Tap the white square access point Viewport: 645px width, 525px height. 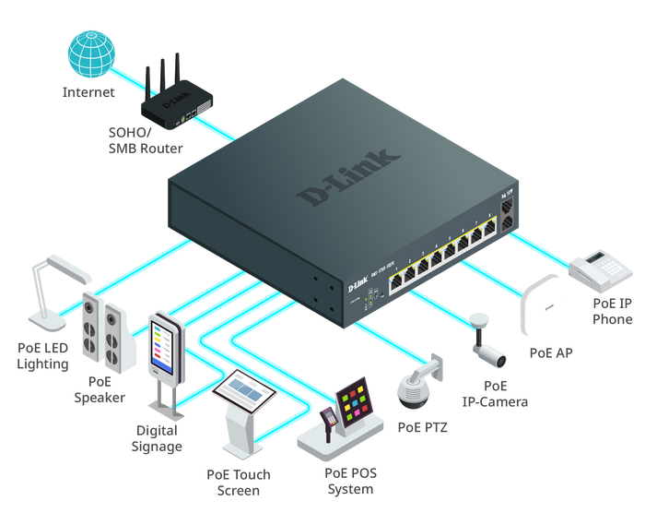click(x=542, y=304)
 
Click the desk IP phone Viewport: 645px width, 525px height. click(x=600, y=268)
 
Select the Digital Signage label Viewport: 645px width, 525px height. click(x=158, y=437)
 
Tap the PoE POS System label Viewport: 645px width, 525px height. click(x=351, y=482)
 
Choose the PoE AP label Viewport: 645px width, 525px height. click(x=550, y=352)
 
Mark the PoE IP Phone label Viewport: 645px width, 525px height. click(x=612, y=311)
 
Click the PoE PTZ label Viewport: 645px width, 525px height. click(x=422, y=427)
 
